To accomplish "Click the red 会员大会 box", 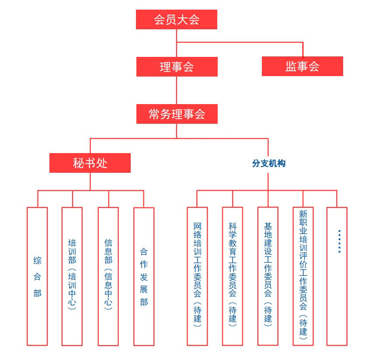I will (x=176, y=20).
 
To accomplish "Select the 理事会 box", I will (x=177, y=66).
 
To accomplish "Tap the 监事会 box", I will (x=302, y=66).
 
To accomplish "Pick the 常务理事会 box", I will (x=177, y=114).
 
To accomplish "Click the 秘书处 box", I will (x=90, y=163).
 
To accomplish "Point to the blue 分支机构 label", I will (x=268, y=163).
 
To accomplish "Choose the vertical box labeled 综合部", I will (x=37, y=276).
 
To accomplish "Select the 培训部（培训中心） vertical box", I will (x=72, y=276).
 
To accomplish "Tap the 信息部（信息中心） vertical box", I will (x=108, y=276).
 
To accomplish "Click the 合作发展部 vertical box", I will (x=144, y=276).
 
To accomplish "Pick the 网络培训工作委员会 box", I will (x=197, y=276).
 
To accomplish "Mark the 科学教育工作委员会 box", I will (x=232, y=276).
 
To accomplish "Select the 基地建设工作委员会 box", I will (x=268, y=276).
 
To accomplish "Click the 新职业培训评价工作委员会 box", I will (x=303, y=276).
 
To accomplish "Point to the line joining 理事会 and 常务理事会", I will (x=177, y=90).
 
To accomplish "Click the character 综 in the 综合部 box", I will (x=37, y=261).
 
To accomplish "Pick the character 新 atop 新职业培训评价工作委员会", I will (x=303, y=214).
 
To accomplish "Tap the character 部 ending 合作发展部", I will (x=144, y=302).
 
